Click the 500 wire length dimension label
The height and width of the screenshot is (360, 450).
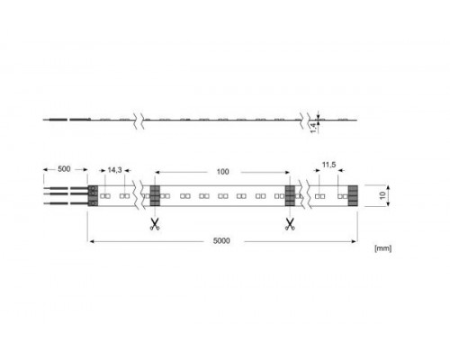(x=64, y=169)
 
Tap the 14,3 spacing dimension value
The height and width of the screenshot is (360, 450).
(x=113, y=169)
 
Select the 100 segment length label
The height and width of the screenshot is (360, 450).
(x=222, y=169)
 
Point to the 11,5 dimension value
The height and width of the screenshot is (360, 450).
(x=328, y=166)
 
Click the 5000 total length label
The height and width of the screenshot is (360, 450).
(x=221, y=241)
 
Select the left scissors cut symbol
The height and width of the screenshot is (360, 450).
(x=154, y=223)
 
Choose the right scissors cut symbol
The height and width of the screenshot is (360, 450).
(x=290, y=223)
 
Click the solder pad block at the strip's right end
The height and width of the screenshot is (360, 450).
(x=353, y=195)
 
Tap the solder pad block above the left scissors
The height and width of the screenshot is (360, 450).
(x=154, y=195)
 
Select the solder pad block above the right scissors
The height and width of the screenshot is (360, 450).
(x=290, y=195)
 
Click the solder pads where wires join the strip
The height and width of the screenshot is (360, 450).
(x=92, y=195)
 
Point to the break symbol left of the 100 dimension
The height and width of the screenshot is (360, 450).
(x=139, y=195)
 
